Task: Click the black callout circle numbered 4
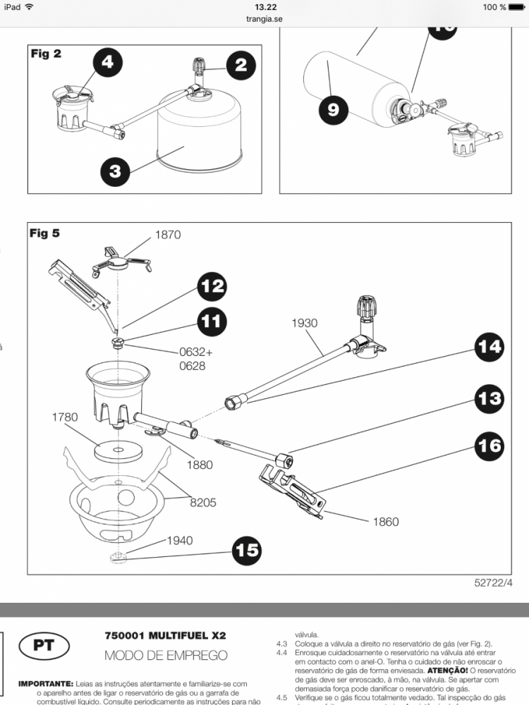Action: click(x=107, y=62)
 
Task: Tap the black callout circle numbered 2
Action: click(x=241, y=65)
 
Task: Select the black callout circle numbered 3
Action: click(x=116, y=171)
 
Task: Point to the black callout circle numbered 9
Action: click(x=333, y=109)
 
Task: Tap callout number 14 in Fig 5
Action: click(x=490, y=347)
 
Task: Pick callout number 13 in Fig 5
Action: click(x=490, y=398)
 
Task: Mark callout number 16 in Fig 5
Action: click(x=490, y=446)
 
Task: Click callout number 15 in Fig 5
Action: click(x=247, y=549)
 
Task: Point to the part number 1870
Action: click(x=167, y=235)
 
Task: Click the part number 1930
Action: click(x=304, y=323)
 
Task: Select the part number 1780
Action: click(x=65, y=417)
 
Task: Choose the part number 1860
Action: click(x=385, y=522)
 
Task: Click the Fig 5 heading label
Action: click(x=45, y=233)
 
